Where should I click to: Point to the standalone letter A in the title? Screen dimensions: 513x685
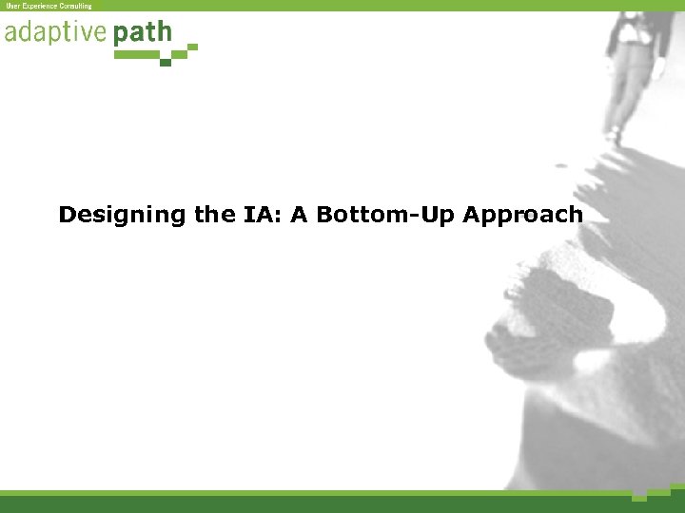(300, 215)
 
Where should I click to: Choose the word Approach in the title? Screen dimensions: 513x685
(522, 216)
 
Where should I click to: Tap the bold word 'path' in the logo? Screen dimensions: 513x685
(143, 34)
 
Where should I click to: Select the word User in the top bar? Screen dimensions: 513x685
(13, 6)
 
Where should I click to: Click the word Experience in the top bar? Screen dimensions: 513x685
(39, 6)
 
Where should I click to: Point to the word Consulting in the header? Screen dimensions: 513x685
(75, 6)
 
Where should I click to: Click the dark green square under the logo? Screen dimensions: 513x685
(166, 62)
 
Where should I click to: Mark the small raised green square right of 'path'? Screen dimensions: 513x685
(193, 46)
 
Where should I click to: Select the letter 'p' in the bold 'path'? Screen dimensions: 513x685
(120, 36)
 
